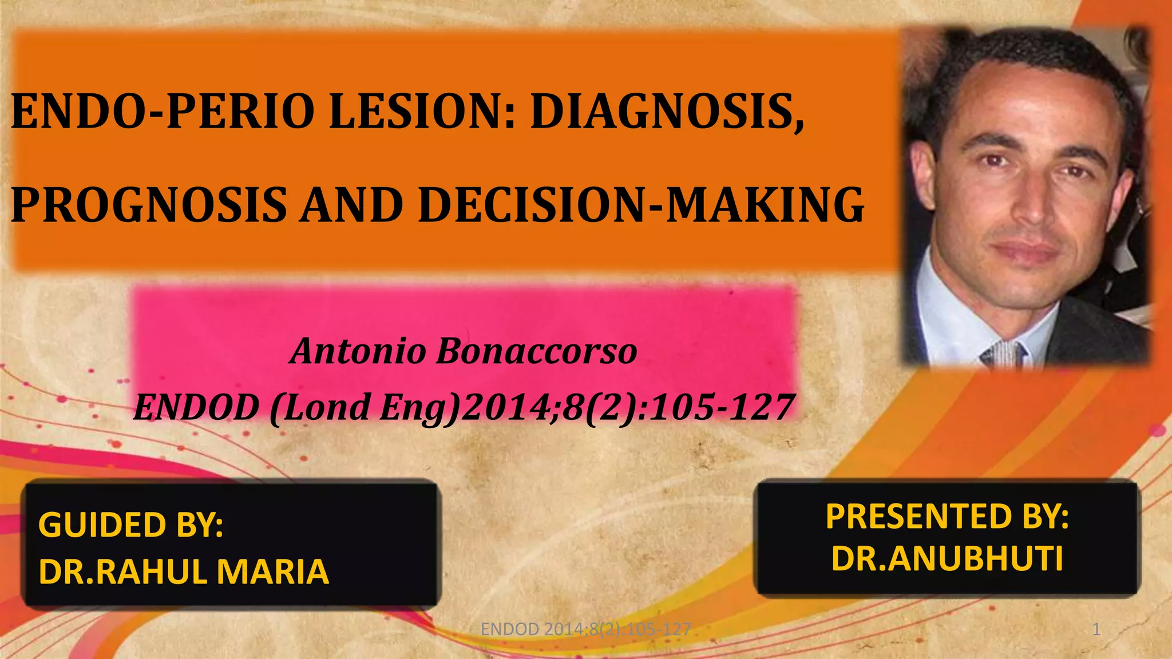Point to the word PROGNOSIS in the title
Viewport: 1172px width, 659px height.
149,205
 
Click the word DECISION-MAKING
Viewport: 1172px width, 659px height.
641,205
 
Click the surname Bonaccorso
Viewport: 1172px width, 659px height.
536,351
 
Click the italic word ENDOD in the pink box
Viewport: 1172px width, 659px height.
196,407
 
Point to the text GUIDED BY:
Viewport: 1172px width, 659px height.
130,525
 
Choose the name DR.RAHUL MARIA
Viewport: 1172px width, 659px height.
184,571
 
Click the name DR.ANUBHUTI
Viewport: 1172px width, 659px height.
947,558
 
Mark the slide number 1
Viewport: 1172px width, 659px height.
1096,629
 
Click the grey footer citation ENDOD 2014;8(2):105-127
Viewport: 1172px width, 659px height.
585,629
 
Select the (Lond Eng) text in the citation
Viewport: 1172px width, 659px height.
364,407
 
